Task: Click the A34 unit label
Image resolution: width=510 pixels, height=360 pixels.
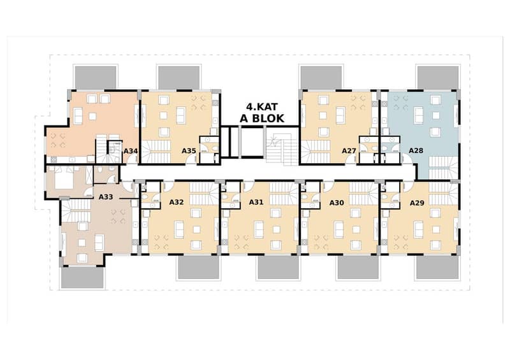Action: click(x=131, y=151)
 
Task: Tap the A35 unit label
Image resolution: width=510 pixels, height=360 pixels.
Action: click(x=189, y=150)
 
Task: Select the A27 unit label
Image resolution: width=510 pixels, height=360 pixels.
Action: click(x=349, y=151)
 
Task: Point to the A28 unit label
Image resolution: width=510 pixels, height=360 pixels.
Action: click(x=416, y=150)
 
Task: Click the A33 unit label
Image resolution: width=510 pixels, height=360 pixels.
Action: click(x=106, y=197)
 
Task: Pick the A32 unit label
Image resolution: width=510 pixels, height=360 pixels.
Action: click(x=177, y=202)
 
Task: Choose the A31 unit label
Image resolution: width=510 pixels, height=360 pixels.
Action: click(x=256, y=202)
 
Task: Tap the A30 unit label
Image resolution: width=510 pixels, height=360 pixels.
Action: click(x=337, y=203)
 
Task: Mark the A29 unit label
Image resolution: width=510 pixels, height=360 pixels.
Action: click(x=417, y=203)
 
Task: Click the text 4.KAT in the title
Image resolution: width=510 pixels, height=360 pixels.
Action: click(x=261, y=107)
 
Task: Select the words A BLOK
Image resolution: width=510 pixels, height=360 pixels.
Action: click(x=262, y=119)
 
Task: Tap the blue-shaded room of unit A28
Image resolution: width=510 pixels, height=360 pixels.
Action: click(x=421, y=130)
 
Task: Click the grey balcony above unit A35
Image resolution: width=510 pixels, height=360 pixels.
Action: click(x=178, y=78)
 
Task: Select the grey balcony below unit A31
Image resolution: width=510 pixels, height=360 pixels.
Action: click(x=279, y=268)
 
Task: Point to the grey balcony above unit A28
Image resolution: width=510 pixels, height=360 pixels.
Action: click(x=438, y=78)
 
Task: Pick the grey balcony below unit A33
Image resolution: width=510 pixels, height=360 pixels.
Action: click(x=82, y=277)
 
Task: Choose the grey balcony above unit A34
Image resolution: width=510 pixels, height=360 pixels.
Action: click(x=96, y=78)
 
